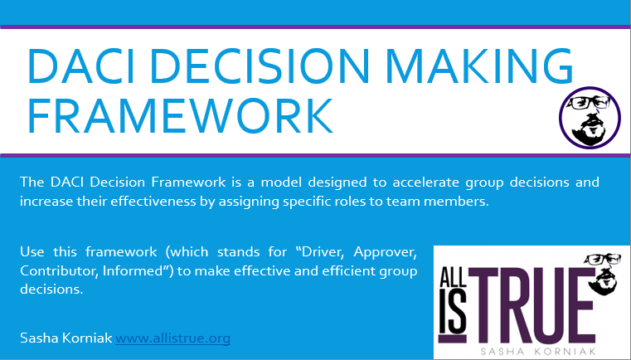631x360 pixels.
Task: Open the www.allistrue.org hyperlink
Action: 172,338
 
